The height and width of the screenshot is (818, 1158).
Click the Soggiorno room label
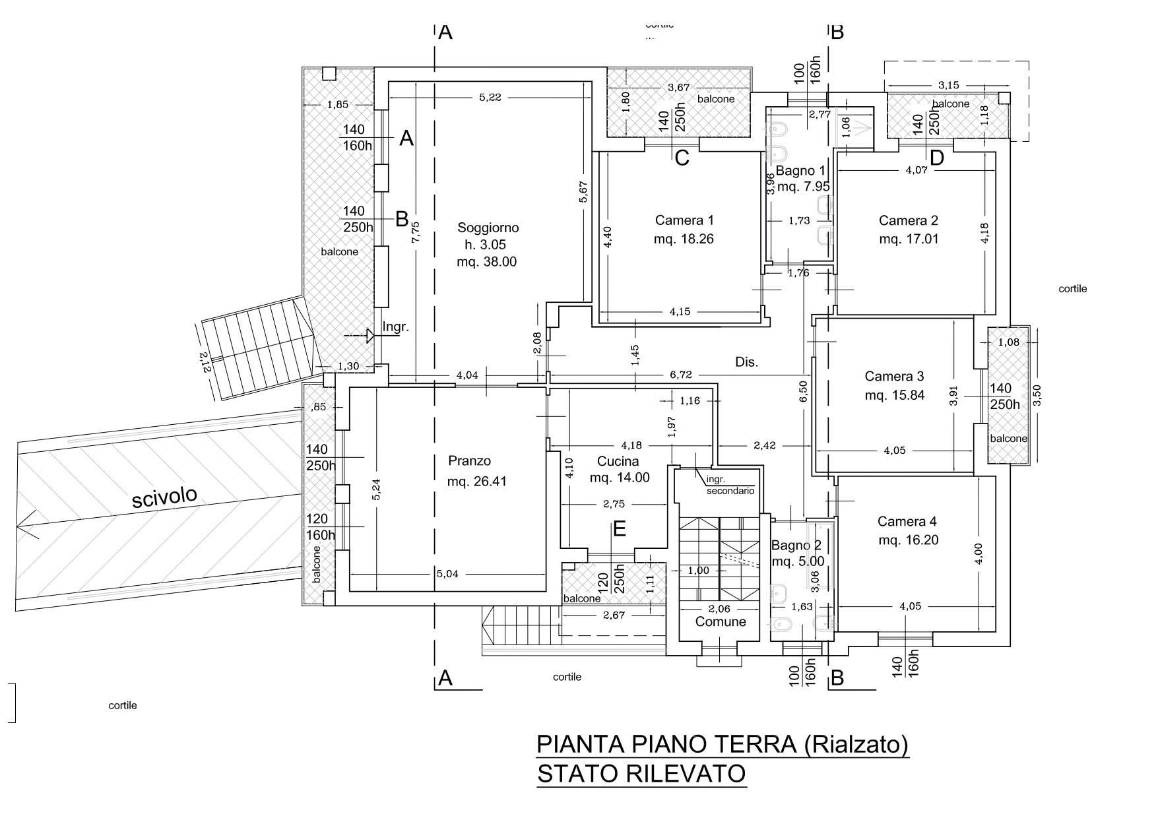(x=488, y=228)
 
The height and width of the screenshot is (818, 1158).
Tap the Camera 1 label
(x=684, y=220)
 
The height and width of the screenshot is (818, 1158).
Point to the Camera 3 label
(x=894, y=377)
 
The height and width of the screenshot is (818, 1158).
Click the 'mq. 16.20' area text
(x=908, y=540)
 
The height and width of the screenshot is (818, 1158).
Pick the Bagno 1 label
(x=800, y=171)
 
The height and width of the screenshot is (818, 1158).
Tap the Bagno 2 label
(x=796, y=546)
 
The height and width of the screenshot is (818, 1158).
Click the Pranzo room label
(x=469, y=461)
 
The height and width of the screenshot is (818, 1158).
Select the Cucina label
(x=618, y=461)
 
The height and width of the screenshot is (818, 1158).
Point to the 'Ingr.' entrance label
(x=396, y=327)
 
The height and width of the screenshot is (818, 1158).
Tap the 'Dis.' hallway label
(x=747, y=362)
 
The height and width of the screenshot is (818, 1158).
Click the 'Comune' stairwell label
(x=721, y=622)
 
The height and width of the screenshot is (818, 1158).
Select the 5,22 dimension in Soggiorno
(x=490, y=97)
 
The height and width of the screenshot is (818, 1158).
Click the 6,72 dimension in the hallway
(x=681, y=375)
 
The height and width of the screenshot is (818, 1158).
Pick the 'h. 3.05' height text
(x=486, y=245)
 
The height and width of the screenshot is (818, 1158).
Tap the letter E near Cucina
(x=619, y=529)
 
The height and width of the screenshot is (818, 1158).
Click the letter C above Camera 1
(x=682, y=158)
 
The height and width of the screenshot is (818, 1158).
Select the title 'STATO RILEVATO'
(x=641, y=773)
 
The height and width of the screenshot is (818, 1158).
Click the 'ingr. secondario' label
(x=730, y=486)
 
